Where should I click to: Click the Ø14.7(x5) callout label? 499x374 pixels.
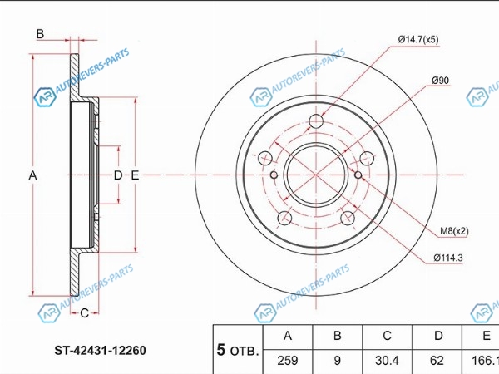click(418, 39)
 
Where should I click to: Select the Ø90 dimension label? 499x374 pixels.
click(441, 81)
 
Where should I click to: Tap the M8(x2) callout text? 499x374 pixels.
click(454, 231)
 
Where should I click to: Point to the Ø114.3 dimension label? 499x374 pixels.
click(448, 258)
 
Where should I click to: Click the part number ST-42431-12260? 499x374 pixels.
click(101, 350)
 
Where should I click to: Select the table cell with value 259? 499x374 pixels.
click(288, 361)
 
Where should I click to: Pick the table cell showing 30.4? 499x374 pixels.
click(387, 361)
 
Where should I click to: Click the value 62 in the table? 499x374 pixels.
click(437, 361)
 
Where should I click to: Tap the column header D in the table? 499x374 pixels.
click(438, 336)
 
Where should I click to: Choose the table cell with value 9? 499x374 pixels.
click(338, 361)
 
